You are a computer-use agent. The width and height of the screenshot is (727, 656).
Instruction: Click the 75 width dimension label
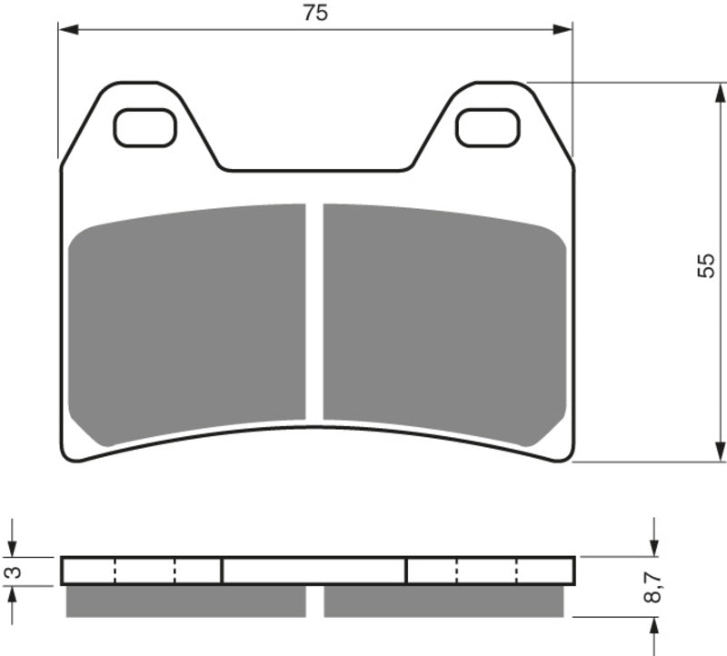point(315,13)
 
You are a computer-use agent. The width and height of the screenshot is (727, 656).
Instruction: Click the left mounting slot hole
point(144,127)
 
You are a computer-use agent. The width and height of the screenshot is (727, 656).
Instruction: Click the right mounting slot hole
point(487,127)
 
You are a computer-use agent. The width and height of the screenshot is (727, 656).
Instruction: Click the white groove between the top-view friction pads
point(314,313)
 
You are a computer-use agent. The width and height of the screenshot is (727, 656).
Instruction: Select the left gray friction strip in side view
point(186,601)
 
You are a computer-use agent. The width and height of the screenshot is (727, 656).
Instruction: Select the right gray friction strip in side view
point(443,601)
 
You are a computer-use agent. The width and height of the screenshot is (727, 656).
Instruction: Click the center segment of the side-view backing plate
point(314,571)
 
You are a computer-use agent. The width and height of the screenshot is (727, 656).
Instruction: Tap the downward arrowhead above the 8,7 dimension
point(653,547)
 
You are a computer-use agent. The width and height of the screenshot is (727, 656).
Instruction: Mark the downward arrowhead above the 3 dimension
point(13,547)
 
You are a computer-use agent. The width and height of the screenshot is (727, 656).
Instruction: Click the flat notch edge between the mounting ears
point(314,170)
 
